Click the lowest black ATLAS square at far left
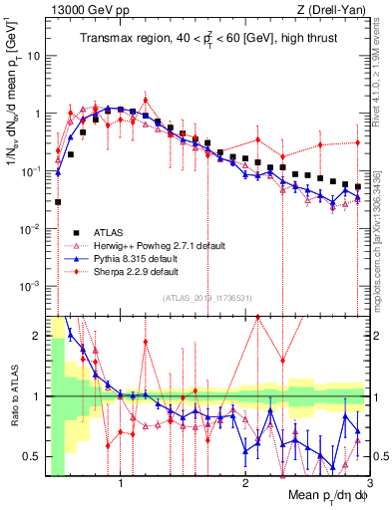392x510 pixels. click(58, 201)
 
